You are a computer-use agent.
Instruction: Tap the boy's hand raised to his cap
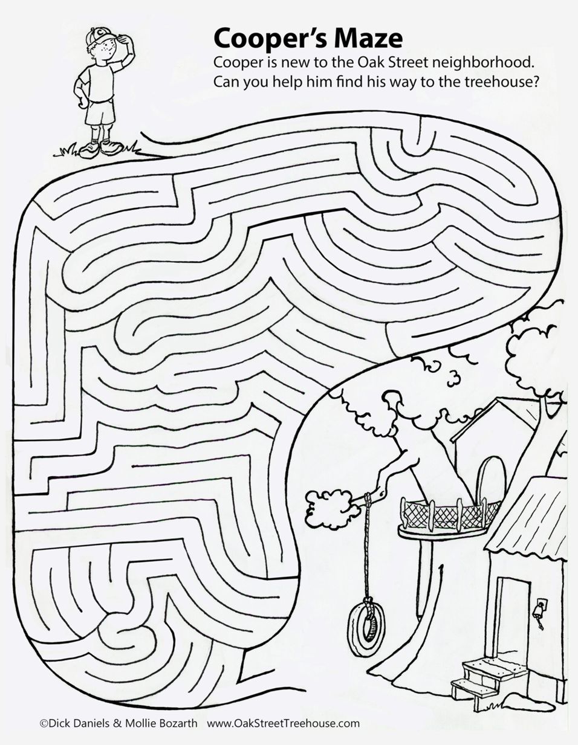click(125, 40)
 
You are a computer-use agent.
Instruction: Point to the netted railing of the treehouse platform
click(438, 514)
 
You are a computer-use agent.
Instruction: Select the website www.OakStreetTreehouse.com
click(283, 723)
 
